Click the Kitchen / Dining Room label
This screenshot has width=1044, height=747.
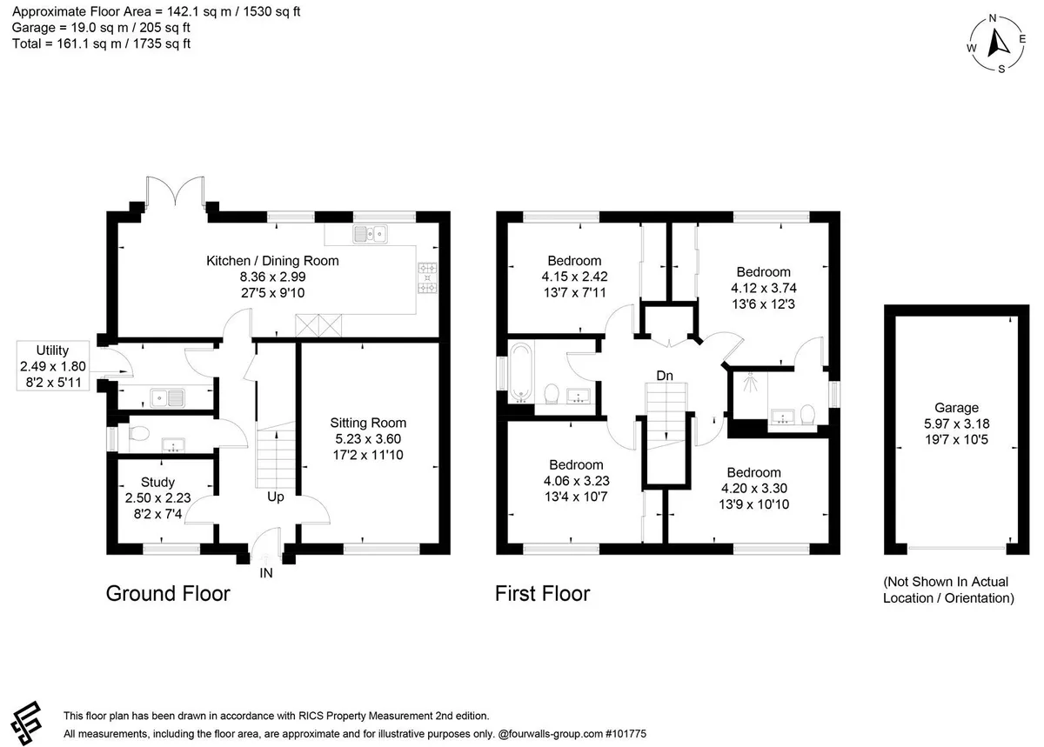[x=272, y=261]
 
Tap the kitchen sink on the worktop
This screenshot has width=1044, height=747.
[x=370, y=235]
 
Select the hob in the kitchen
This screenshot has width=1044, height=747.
[x=427, y=277]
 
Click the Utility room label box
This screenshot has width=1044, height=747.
[x=53, y=366]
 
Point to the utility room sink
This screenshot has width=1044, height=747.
[x=167, y=398]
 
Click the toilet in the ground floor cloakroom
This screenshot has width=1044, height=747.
[x=138, y=434]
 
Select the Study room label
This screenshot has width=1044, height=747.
[x=157, y=482]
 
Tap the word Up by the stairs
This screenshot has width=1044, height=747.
[x=276, y=497]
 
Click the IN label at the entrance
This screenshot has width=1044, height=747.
[x=266, y=573]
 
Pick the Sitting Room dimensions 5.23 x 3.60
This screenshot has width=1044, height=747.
[x=368, y=438]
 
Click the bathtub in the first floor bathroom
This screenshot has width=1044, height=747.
[x=521, y=373]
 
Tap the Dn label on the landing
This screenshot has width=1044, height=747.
[x=665, y=376]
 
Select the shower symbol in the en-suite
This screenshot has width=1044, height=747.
[x=750, y=382]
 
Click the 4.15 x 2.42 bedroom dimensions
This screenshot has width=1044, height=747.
[x=575, y=277]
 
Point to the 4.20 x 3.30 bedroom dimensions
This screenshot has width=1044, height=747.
[x=754, y=488]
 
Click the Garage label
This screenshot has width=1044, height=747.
[x=956, y=408]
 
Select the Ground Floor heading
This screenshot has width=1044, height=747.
[x=168, y=594]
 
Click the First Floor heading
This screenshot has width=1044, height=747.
[x=543, y=594]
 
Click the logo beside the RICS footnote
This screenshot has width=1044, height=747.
[x=27, y=723]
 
